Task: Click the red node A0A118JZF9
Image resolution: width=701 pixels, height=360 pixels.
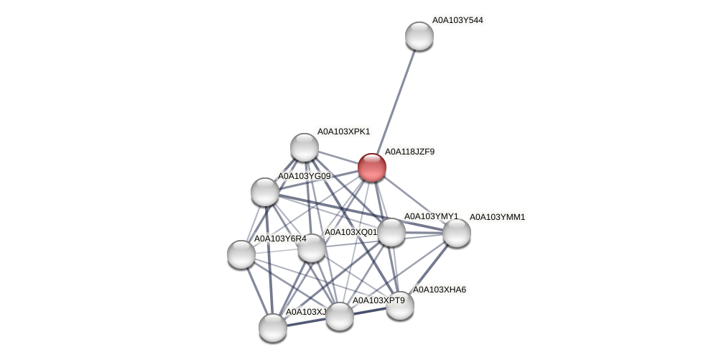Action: (x=372, y=167)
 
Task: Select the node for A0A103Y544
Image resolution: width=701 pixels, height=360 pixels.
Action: (x=419, y=36)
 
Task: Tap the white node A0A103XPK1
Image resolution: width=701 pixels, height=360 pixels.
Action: (x=305, y=147)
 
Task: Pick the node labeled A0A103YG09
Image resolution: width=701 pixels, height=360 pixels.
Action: (x=265, y=192)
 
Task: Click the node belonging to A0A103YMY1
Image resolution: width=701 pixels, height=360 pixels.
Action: (x=391, y=232)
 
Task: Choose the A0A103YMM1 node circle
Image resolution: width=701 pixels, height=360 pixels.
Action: (x=457, y=233)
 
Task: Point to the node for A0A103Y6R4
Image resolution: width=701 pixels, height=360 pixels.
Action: (x=241, y=254)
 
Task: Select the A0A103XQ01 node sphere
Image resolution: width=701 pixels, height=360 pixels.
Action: (x=312, y=249)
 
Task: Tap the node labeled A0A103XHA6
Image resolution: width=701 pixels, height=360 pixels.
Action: (x=400, y=305)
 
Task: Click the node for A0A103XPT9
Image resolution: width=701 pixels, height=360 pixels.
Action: (x=340, y=316)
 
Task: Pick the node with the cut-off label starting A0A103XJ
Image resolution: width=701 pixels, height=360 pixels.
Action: (x=273, y=328)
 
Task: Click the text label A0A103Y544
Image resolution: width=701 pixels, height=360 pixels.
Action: (x=458, y=20)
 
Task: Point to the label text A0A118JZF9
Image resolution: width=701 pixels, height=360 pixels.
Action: (x=409, y=152)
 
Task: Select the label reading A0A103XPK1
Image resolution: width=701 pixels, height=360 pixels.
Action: (x=343, y=131)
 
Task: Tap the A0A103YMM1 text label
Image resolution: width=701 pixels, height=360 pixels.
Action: (x=497, y=217)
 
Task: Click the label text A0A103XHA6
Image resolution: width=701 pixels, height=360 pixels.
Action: (x=439, y=290)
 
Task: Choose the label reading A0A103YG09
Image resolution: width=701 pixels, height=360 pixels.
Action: (x=304, y=176)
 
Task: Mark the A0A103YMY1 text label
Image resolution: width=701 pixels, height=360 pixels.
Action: (x=430, y=216)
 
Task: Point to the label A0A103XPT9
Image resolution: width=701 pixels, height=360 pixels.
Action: (x=379, y=300)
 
